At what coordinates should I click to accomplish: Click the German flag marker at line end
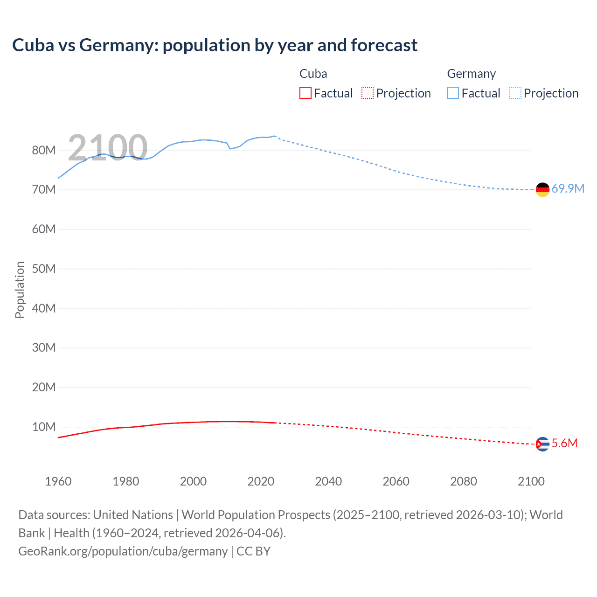click(x=542, y=189)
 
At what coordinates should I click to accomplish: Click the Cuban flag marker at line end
click(x=542, y=444)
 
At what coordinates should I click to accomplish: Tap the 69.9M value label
click(x=568, y=188)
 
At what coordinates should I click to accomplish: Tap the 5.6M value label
click(x=564, y=443)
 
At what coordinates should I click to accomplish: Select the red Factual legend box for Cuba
click(x=305, y=93)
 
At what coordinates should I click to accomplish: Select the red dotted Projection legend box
click(x=368, y=93)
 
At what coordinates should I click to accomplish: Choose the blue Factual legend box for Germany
click(x=452, y=93)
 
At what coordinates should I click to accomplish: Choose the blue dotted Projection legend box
click(x=515, y=93)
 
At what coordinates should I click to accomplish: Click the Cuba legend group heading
click(x=313, y=74)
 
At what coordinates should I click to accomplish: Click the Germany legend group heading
click(x=471, y=74)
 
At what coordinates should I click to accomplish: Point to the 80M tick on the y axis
click(x=44, y=150)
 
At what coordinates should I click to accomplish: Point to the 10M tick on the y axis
click(x=44, y=427)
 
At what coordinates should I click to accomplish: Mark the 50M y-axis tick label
click(x=44, y=269)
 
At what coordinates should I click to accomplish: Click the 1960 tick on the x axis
click(x=58, y=481)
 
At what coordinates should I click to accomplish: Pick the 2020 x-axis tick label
click(x=261, y=481)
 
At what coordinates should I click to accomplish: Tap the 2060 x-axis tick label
click(x=396, y=481)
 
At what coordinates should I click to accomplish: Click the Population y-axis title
click(x=20, y=290)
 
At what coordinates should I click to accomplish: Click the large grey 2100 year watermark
click(x=108, y=148)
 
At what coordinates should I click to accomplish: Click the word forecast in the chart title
click(x=384, y=45)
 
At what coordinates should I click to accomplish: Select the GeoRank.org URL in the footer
click(x=123, y=551)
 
